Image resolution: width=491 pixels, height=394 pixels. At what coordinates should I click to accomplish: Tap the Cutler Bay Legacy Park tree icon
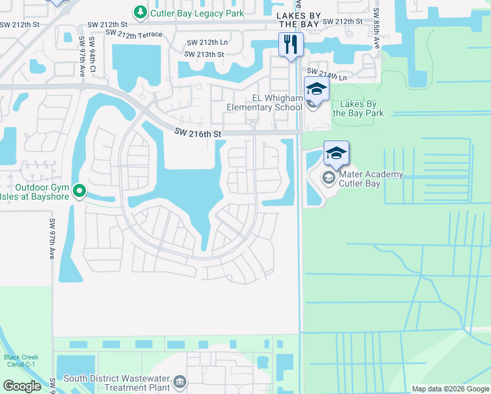coord(140,12)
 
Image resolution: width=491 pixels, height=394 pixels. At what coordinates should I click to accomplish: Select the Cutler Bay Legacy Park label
coord(197,13)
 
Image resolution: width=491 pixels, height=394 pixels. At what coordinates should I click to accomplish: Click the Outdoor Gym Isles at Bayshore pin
coord(79,191)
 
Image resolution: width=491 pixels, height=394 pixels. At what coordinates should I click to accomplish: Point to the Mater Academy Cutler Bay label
coord(372,179)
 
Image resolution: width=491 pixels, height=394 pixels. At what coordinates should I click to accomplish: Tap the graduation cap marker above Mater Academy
coord(335,154)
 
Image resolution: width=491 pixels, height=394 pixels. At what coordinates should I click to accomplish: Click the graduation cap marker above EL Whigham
coord(316,89)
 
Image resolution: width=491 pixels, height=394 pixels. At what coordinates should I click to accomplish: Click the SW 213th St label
coord(204,55)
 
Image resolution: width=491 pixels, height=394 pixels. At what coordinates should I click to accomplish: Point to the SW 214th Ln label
coord(326,75)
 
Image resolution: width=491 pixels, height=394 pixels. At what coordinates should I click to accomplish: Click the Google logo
coord(22,385)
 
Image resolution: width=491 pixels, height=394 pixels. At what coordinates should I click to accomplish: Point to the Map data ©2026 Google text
coord(450,389)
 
